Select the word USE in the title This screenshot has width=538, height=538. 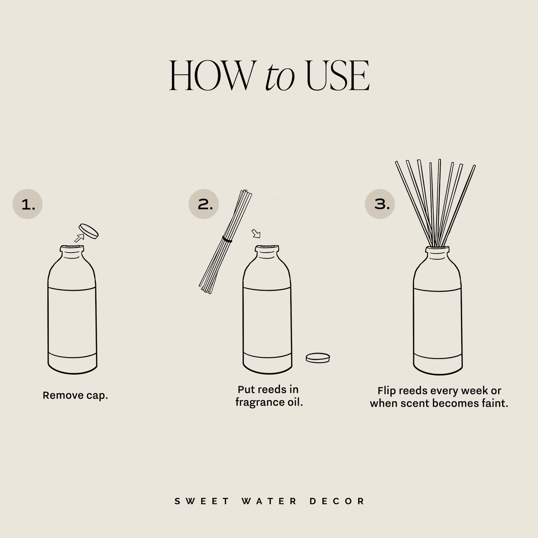coord(338,76)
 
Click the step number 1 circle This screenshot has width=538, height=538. coord(27,204)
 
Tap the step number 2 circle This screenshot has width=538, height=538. coord(204,204)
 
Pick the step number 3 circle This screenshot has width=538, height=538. coord(380,204)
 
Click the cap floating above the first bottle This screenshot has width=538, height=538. coord(89,230)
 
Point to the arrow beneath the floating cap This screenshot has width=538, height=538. coord(79,238)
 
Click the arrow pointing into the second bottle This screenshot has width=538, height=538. coord(256,233)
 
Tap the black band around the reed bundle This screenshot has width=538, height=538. coord(227,239)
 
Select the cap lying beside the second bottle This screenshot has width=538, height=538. coord(318,358)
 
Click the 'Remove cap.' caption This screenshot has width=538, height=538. coord(75,395)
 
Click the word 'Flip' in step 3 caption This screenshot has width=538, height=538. coord(386,391)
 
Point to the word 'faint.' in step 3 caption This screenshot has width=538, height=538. coord(495,403)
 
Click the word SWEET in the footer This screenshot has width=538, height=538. coord(202,501)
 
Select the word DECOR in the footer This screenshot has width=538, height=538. coord(337,501)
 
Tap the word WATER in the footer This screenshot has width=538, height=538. coord(269,501)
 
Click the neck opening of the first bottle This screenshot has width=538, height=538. coord(72,247)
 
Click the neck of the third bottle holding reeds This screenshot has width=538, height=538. coord(437,252)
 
